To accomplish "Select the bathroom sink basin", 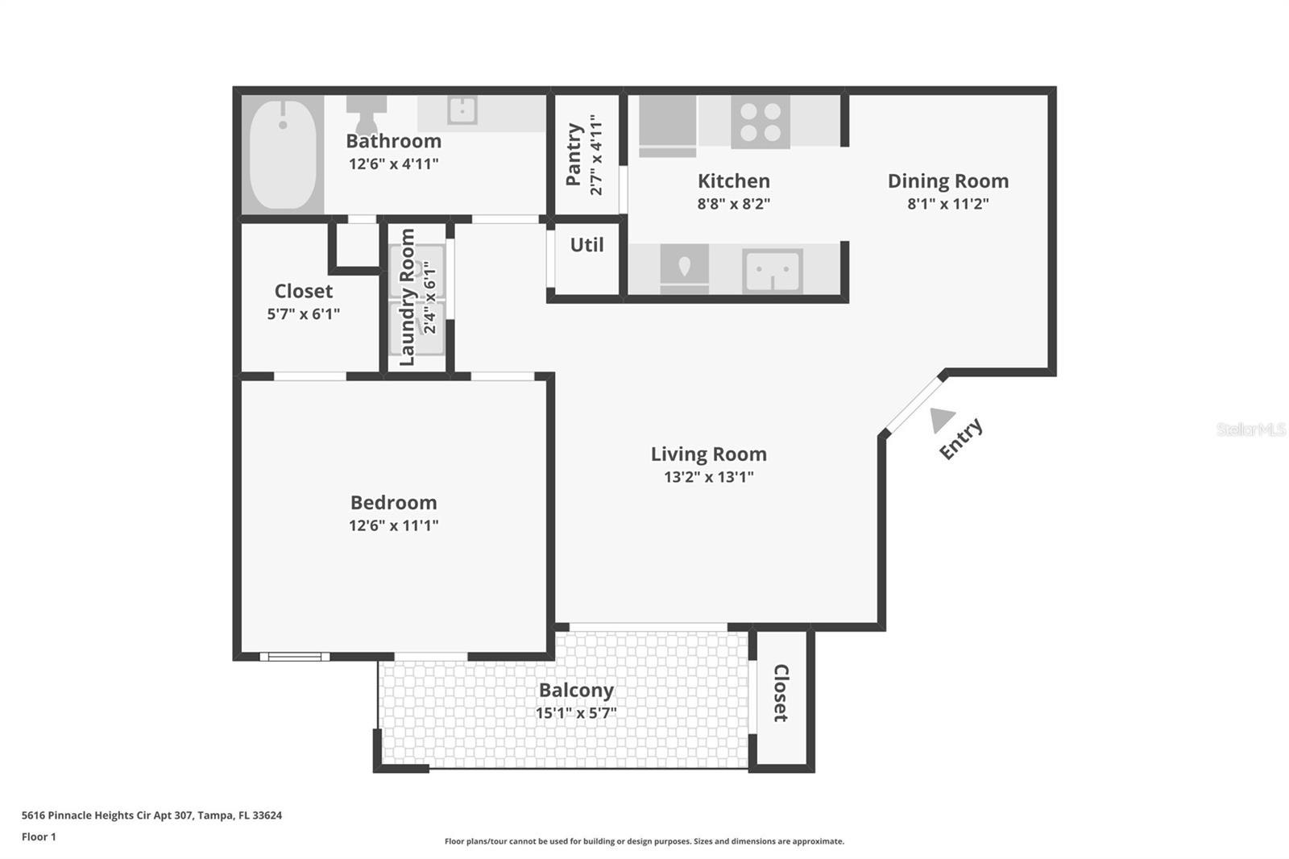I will (462, 110).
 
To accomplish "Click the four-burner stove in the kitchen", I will (761, 122).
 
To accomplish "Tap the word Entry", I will (960, 438).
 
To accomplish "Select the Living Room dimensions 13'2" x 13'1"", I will (708, 477).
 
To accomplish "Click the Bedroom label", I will (393, 503).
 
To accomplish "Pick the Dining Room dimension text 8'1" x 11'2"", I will (947, 204).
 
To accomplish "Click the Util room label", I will (586, 245).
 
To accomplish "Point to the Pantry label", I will (574, 154).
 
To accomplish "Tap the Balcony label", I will (576, 691).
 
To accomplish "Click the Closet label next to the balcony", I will (781, 693).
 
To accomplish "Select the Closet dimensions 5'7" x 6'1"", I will (303, 314).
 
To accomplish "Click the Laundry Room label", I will (408, 297).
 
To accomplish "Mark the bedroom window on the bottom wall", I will (295, 657).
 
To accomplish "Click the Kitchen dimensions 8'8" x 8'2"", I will (733, 204).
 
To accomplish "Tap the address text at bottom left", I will (151, 815).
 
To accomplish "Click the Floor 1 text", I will (39, 837).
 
